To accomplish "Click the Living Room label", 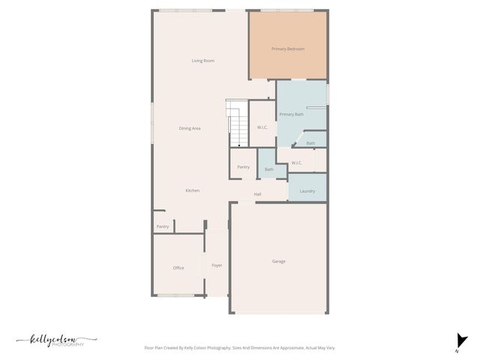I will pyautogui.click(x=203, y=61).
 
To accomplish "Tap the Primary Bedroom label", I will pyautogui.click(x=288, y=49).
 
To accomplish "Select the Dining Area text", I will pyautogui.click(x=190, y=128).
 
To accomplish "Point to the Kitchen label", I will pyautogui.click(x=193, y=190).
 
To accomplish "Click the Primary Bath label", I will pyautogui.click(x=292, y=114).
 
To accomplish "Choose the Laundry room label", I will pyautogui.click(x=307, y=191).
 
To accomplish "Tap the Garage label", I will pyautogui.click(x=278, y=261).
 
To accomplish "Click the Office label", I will pyautogui.click(x=178, y=268).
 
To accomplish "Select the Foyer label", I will pyautogui.click(x=217, y=265).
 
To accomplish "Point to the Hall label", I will pyautogui.click(x=257, y=194).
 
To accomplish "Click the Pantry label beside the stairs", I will pyautogui.click(x=243, y=166).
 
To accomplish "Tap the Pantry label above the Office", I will pyautogui.click(x=163, y=226).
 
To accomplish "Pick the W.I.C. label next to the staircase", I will pyautogui.click(x=262, y=127).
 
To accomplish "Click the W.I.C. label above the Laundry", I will pyautogui.click(x=296, y=163).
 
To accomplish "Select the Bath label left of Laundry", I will pyautogui.click(x=268, y=169).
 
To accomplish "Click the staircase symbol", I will pyautogui.click(x=237, y=124).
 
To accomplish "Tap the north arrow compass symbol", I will pyautogui.click(x=460, y=341).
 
